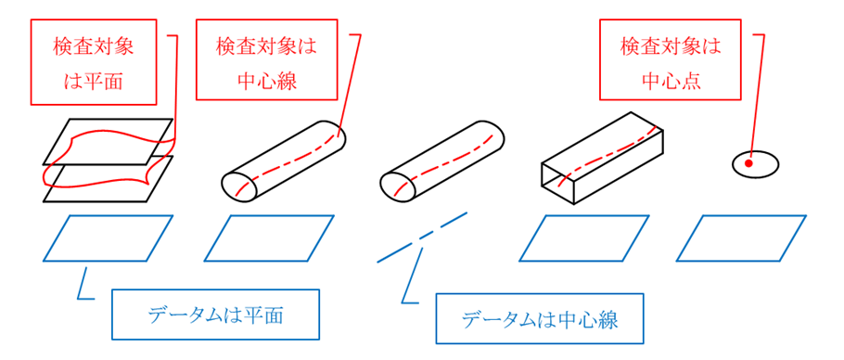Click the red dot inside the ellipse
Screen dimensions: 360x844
click(748, 164)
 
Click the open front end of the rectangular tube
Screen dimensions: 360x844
click(558, 182)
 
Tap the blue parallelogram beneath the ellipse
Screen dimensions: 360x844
click(741, 238)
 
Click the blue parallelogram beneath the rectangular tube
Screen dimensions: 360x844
click(583, 238)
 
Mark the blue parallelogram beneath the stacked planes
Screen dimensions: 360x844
click(108, 238)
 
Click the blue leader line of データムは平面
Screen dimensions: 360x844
click(84, 286)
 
